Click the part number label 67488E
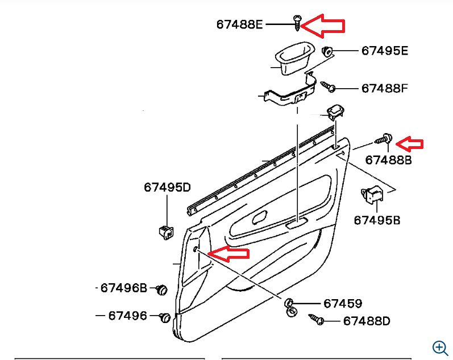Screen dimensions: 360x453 click(240, 24)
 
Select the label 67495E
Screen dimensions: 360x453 click(385, 51)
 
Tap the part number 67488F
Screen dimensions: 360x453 click(385, 89)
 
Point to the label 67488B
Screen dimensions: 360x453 click(388, 160)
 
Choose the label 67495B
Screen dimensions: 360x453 click(377, 220)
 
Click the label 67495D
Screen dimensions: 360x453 click(167, 187)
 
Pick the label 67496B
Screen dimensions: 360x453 click(124, 288)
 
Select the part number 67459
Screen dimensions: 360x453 click(343, 304)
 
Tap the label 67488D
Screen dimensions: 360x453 click(367, 321)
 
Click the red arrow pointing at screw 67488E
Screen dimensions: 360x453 click(323, 26)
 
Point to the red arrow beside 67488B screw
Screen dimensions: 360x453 click(409, 143)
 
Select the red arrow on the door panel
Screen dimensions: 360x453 click(229, 254)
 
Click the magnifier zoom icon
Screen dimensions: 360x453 click(439, 347)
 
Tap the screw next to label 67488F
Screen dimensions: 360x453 click(328, 87)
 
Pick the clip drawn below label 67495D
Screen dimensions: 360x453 click(165, 230)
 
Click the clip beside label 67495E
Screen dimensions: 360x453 click(327, 51)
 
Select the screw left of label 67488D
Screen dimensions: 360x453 click(316, 320)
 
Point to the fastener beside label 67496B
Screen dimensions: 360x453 click(161, 289)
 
